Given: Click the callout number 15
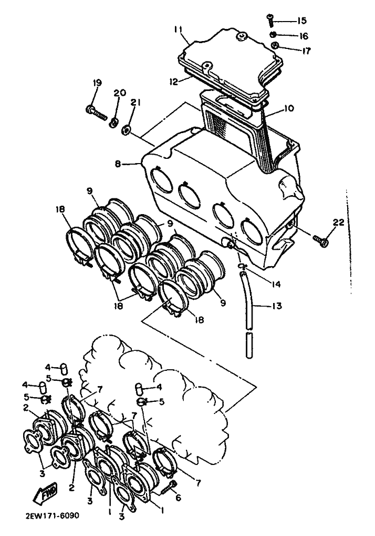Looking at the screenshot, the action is [x=301, y=21].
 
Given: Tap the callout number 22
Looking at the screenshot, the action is [x=339, y=222].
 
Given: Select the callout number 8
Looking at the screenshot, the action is [x=118, y=164].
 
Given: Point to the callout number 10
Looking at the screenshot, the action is [x=288, y=108].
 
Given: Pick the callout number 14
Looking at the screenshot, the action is [x=275, y=284].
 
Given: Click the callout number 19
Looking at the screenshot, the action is [x=97, y=84].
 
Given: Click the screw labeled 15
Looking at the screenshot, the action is [x=270, y=20].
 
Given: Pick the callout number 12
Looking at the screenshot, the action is [x=174, y=82].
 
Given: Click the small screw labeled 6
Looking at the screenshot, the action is [x=167, y=487].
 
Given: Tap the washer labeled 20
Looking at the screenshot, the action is [x=113, y=122].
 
